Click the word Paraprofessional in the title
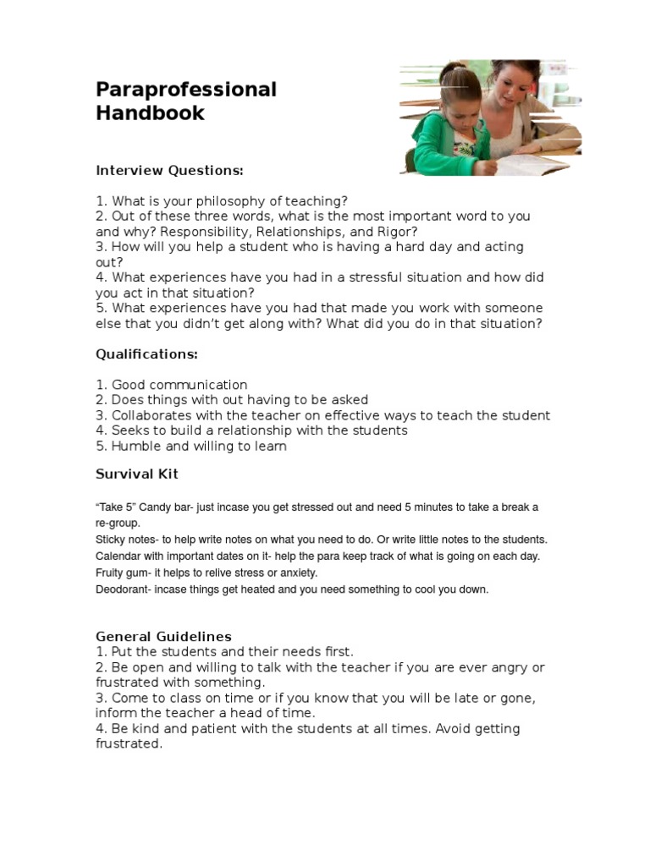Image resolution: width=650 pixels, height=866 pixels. [x=185, y=90]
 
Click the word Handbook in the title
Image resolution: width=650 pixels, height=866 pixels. [x=150, y=113]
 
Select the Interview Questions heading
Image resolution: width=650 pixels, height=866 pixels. [x=169, y=171]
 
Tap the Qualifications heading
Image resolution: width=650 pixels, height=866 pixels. [x=146, y=354]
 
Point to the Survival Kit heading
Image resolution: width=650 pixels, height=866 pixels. [x=136, y=474]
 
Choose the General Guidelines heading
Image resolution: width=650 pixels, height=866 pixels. [x=163, y=636]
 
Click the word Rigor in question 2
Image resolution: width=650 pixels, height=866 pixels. [x=394, y=232]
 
